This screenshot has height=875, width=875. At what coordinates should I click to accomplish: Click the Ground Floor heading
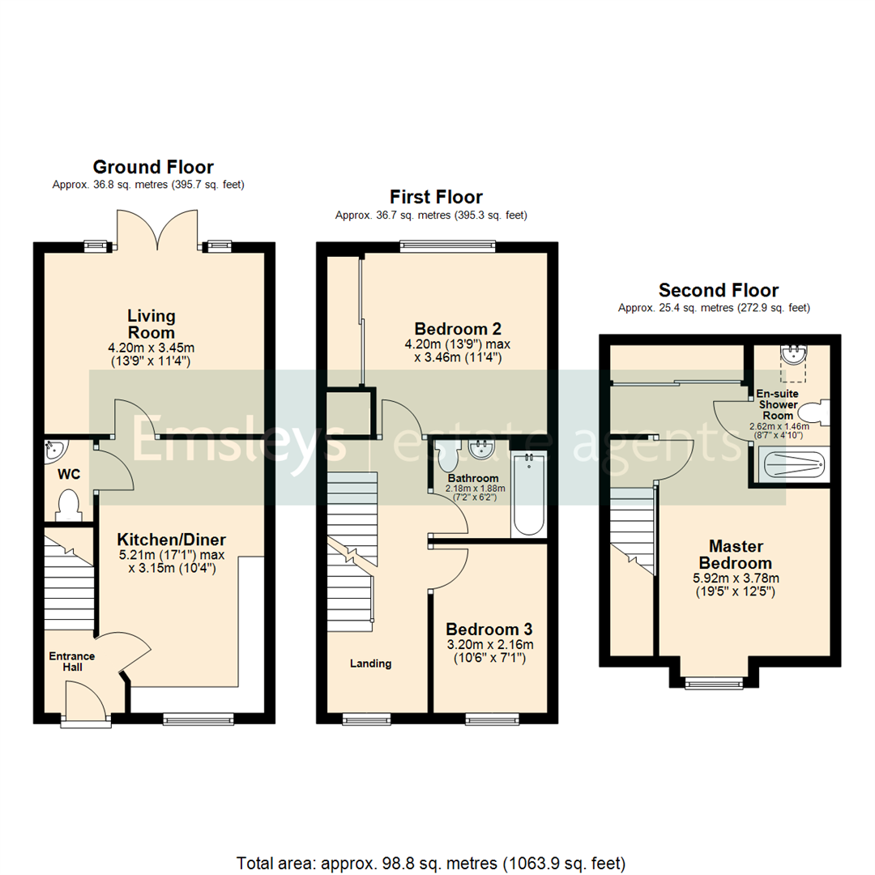tap(153, 168)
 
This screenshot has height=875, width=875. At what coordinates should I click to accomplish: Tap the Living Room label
tap(151, 324)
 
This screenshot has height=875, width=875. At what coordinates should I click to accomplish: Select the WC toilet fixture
tap(68, 505)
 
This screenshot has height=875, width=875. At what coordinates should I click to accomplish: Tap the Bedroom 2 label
tap(458, 329)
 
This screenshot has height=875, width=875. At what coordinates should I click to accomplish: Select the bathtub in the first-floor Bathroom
tap(529, 494)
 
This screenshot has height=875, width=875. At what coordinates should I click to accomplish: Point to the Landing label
tap(370, 664)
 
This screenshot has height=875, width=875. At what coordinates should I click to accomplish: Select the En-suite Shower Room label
tap(776, 404)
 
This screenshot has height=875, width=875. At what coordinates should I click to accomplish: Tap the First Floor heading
tap(436, 197)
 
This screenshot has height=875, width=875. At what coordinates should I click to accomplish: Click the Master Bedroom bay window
tap(713, 683)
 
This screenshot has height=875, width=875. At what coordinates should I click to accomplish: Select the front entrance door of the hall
tap(84, 702)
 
